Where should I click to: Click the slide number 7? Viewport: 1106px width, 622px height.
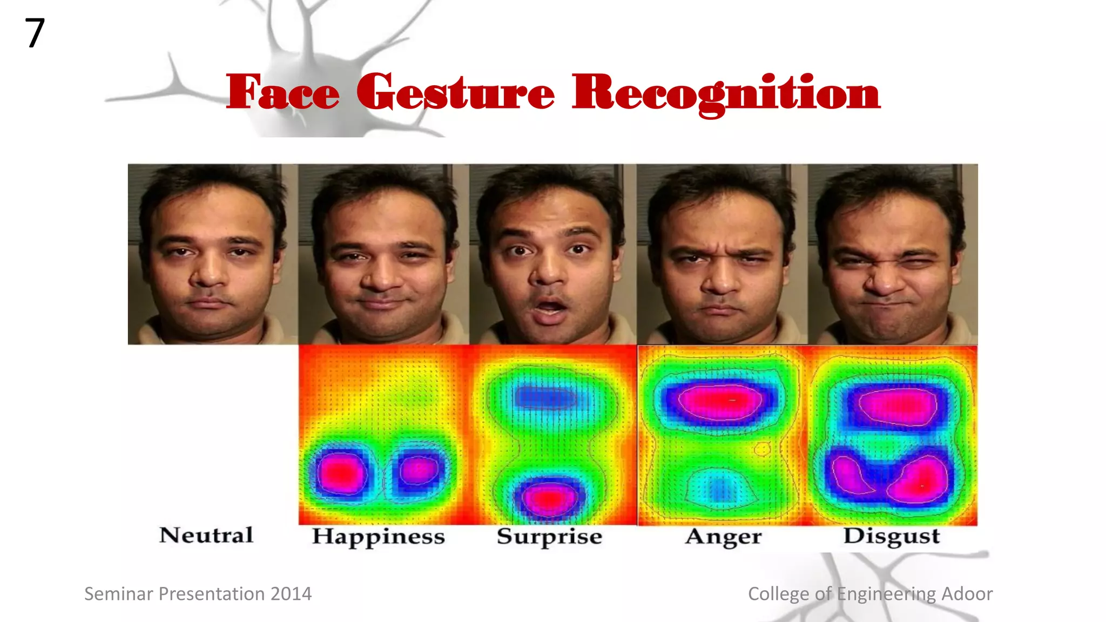35,33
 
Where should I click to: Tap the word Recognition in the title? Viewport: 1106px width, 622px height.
726,93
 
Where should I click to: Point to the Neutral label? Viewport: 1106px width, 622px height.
206,535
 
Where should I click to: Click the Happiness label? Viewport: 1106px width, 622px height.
378,537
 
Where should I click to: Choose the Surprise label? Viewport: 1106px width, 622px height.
549,537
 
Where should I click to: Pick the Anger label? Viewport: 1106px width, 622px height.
723,537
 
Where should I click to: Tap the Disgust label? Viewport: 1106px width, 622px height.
892,536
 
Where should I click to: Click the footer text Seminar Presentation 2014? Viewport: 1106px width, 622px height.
198,594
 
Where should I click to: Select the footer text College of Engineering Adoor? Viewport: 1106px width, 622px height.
870,594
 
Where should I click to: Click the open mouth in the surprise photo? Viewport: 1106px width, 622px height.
550,309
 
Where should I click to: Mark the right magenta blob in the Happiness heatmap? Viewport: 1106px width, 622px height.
419,470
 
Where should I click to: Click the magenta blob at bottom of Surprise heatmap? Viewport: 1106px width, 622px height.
549,498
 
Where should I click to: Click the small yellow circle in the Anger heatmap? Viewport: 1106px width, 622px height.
763,448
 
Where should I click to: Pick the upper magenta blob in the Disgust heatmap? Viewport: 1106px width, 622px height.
898,406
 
